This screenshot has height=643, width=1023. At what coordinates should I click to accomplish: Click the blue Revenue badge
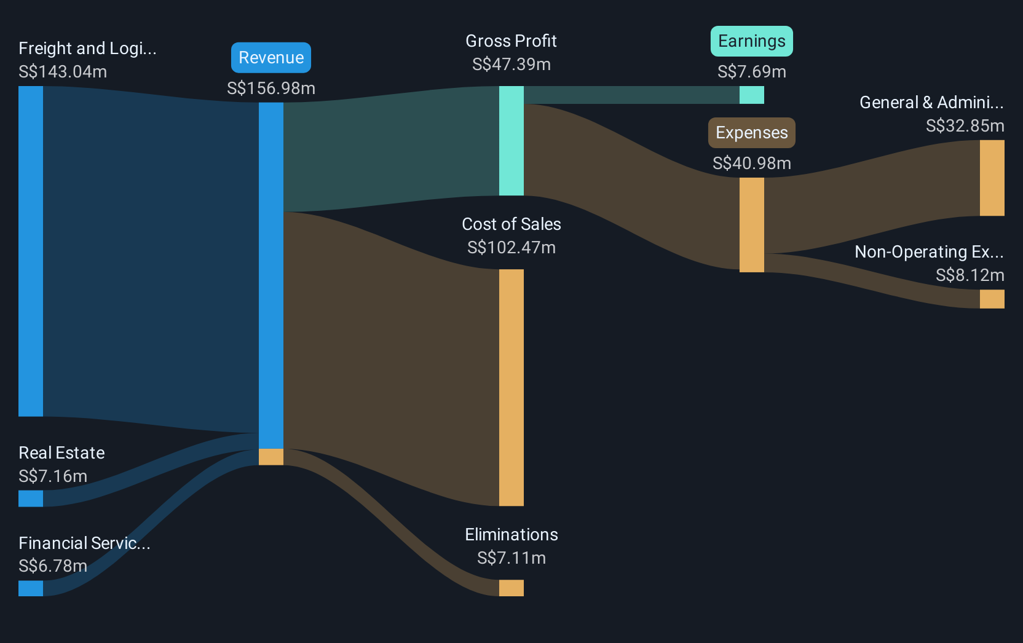coord(271,58)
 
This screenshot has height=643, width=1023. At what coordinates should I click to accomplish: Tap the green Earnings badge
coord(752,41)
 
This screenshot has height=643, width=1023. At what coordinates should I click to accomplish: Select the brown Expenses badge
coord(752,133)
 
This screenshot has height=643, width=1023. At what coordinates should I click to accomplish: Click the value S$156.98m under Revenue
coord(271,88)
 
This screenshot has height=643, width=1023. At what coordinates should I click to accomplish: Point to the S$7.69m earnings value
coord(752,72)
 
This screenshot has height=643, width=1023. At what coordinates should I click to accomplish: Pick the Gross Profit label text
coord(511,41)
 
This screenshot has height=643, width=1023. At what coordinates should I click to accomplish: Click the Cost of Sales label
coord(511,224)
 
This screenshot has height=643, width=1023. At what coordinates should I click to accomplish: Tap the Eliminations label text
coord(511,535)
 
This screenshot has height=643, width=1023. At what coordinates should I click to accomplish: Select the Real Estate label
coord(61,453)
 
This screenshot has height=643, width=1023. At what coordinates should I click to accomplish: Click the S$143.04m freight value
coord(63,72)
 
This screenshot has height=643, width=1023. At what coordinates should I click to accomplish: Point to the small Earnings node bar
coord(752,95)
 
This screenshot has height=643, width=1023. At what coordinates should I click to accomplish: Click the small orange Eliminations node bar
coord(511,588)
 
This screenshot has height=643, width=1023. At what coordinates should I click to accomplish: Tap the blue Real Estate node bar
coord(31,499)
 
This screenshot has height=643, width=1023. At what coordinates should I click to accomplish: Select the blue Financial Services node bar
coord(31,588)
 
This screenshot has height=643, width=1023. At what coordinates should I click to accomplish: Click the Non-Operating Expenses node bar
coord(992,299)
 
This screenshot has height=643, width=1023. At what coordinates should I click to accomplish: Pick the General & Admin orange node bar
coord(992,178)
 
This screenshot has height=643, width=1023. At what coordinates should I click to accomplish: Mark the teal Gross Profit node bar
coord(511,141)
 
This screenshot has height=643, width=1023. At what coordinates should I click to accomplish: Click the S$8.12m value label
coord(970,275)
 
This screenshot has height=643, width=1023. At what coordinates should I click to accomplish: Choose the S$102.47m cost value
coord(511,248)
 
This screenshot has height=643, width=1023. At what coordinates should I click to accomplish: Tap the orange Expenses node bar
coord(752,225)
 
